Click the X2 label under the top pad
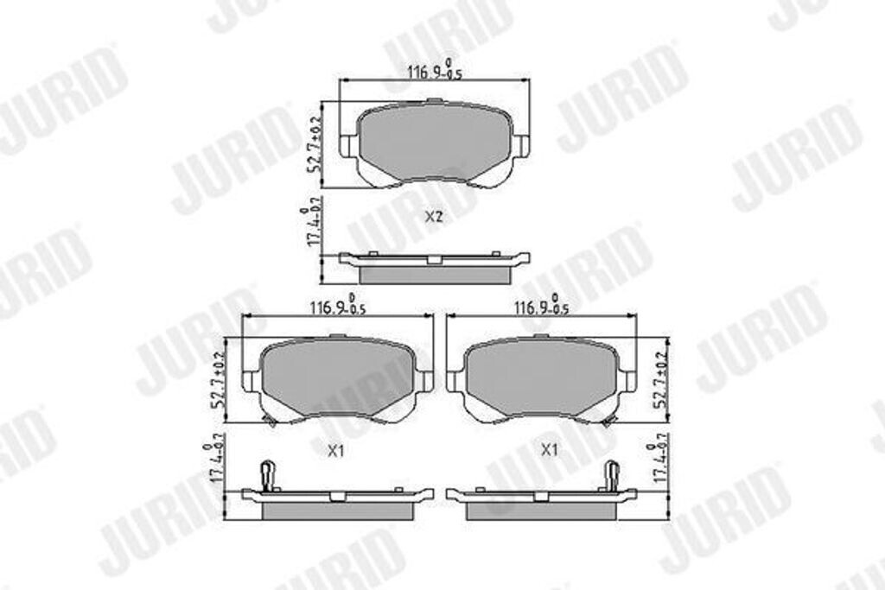(434, 217)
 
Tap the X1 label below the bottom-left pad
(337, 450)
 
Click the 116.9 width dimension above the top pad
(436, 73)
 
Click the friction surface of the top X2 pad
(434, 141)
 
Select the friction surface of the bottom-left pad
(337, 376)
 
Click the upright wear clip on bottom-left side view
(268, 474)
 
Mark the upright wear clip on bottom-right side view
(611, 474)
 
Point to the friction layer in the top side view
(434, 274)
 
